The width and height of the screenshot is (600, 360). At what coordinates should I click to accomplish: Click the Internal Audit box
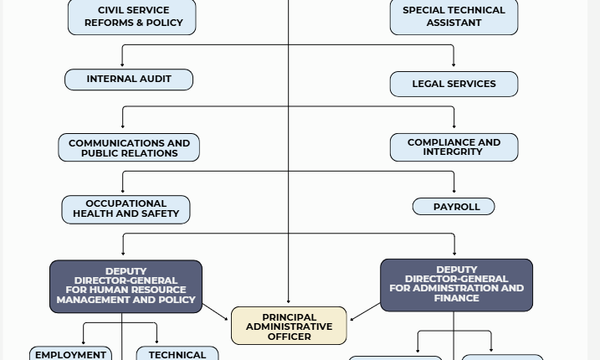pos(129,80)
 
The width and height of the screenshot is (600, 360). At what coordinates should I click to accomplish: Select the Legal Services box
pos(454,84)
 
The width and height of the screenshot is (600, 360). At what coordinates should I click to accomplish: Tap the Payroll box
pos(454,207)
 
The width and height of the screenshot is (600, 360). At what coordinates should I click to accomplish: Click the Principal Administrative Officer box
pos(289,326)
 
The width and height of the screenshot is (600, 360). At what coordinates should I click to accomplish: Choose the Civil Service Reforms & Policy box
pos(132,18)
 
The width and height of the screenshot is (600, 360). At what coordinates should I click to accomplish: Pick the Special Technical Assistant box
pos(454,18)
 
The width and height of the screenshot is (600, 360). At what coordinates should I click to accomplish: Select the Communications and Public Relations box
pos(129,147)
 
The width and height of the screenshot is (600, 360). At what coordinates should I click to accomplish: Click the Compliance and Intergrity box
pos(454,147)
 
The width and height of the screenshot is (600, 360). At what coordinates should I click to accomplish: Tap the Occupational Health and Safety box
pos(126,209)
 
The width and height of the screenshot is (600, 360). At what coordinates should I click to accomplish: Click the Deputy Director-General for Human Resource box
pos(126,286)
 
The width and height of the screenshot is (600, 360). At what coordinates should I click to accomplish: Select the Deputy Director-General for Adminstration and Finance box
pos(457,285)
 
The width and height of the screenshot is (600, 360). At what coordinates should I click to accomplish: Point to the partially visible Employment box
pos(70,353)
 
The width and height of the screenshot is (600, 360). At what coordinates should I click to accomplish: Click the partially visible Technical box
pos(177,353)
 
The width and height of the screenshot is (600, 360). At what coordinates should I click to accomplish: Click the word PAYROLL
pos(457,207)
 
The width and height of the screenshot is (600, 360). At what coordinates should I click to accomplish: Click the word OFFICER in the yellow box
pos(290,337)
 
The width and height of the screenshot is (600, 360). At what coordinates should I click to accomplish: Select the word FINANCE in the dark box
pos(457,298)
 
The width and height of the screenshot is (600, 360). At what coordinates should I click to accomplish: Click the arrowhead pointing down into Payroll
pos(454,191)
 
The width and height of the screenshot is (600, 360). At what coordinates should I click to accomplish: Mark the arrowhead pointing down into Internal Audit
pos(122,64)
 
